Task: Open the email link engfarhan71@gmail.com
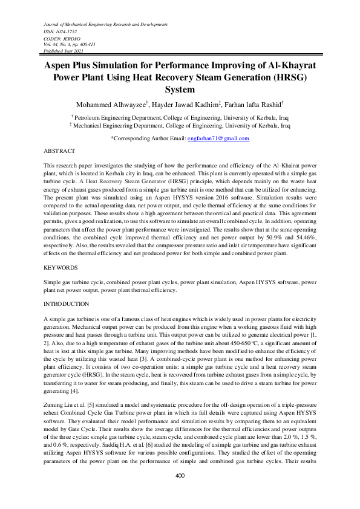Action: [x=218, y=139]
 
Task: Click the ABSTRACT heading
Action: [x=60, y=150]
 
